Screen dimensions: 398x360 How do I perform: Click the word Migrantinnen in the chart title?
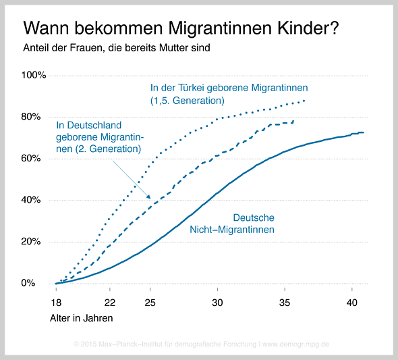click(x=221, y=28)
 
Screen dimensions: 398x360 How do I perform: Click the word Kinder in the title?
click(x=308, y=28)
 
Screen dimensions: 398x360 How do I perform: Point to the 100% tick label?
click(x=34, y=75)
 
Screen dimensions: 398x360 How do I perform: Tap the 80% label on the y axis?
click(x=31, y=117)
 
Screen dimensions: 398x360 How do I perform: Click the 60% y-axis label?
click(x=31, y=159)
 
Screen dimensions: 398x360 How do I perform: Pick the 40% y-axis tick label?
click(x=31, y=200)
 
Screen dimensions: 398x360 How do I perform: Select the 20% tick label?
click(x=31, y=241)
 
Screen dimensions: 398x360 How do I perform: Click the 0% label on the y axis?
click(x=28, y=283)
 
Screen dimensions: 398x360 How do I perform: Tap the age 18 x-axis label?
click(x=56, y=303)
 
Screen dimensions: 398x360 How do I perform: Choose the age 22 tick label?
click(x=110, y=303)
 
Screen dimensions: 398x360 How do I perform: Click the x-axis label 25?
click(x=150, y=303)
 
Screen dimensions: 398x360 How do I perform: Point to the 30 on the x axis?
click(x=217, y=303)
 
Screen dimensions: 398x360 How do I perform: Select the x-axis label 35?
click(x=285, y=303)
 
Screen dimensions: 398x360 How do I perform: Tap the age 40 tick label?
click(x=352, y=303)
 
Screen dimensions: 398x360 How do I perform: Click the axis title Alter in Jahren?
click(x=81, y=318)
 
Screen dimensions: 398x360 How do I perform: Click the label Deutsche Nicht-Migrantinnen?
click(x=232, y=224)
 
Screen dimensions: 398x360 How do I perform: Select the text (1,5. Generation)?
click(x=188, y=101)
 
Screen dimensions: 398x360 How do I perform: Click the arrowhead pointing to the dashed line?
click(x=148, y=197)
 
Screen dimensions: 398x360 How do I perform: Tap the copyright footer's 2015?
click(x=88, y=344)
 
